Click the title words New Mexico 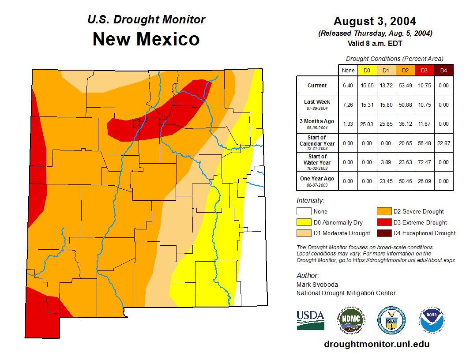[146, 39]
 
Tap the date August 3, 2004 [375, 21]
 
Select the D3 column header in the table [424, 70]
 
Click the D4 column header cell [443, 70]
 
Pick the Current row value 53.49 [405, 86]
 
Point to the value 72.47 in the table [424, 162]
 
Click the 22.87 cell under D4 [443, 143]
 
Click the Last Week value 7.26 [348, 105]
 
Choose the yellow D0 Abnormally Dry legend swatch [303, 222]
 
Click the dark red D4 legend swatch [383, 233]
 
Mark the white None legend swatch [303, 212]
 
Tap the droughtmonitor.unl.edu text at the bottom [376, 344]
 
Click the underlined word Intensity [310, 201]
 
